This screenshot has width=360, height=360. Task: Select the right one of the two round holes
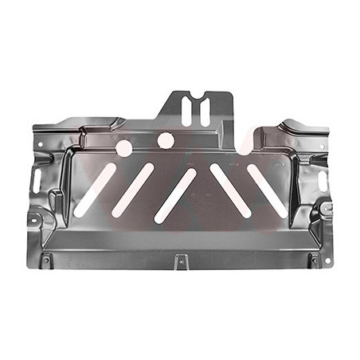coord(166,141)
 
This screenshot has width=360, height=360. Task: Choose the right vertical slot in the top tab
coord(204,111)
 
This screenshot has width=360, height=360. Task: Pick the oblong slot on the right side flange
coord(323,181)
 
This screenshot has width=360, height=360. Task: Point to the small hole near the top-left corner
coord(40,143)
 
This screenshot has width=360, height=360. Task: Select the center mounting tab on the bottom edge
coord(181,259)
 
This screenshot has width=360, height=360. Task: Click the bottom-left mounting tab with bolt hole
coord(46,260)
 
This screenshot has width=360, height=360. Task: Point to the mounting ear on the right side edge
coord(327,209)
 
